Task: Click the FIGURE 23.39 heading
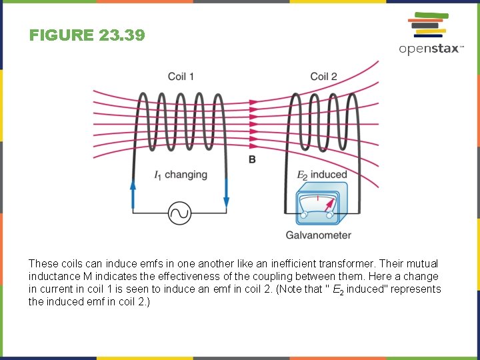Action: [87, 35]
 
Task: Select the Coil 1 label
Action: [181, 77]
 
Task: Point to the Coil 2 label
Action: [323, 77]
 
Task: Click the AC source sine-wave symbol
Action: [179, 213]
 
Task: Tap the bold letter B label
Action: [252, 159]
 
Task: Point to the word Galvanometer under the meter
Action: [318, 235]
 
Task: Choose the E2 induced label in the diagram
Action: [322, 175]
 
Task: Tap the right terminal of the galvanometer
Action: [329, 215]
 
